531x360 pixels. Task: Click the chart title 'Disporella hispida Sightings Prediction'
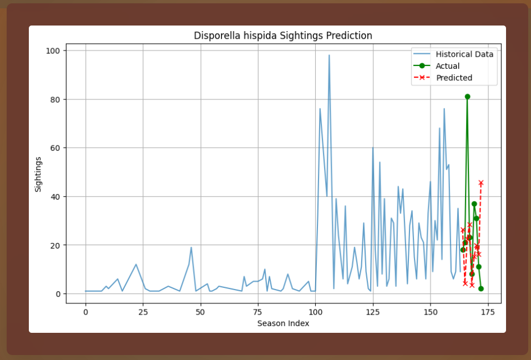[x=283, y=36]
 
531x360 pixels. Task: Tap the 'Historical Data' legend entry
[x=464, y=54]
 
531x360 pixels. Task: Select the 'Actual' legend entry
[x=447, y=66]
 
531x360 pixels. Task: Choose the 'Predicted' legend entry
[x=454, y=78]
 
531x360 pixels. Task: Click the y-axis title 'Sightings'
[x=38, y=174]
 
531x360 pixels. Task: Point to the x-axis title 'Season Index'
[x=283, y=323]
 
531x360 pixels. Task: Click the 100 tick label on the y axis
[x=54, y=51]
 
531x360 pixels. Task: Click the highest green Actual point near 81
[x=467, y=97]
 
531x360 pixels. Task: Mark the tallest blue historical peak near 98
[x=329, y=55]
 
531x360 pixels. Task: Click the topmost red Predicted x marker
[x=481, y=182]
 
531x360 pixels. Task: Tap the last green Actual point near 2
[x=481, y=288]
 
